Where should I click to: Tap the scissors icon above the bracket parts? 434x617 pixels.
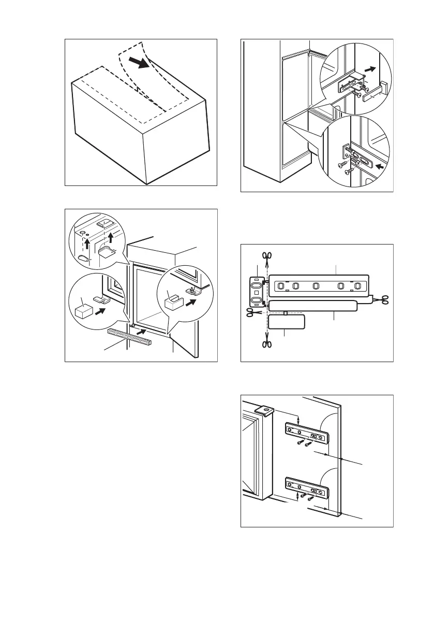(x=267, y=255)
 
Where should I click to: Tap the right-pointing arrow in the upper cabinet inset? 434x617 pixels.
(x=370, y=68)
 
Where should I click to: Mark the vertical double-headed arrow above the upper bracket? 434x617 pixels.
(x=299, y=419)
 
